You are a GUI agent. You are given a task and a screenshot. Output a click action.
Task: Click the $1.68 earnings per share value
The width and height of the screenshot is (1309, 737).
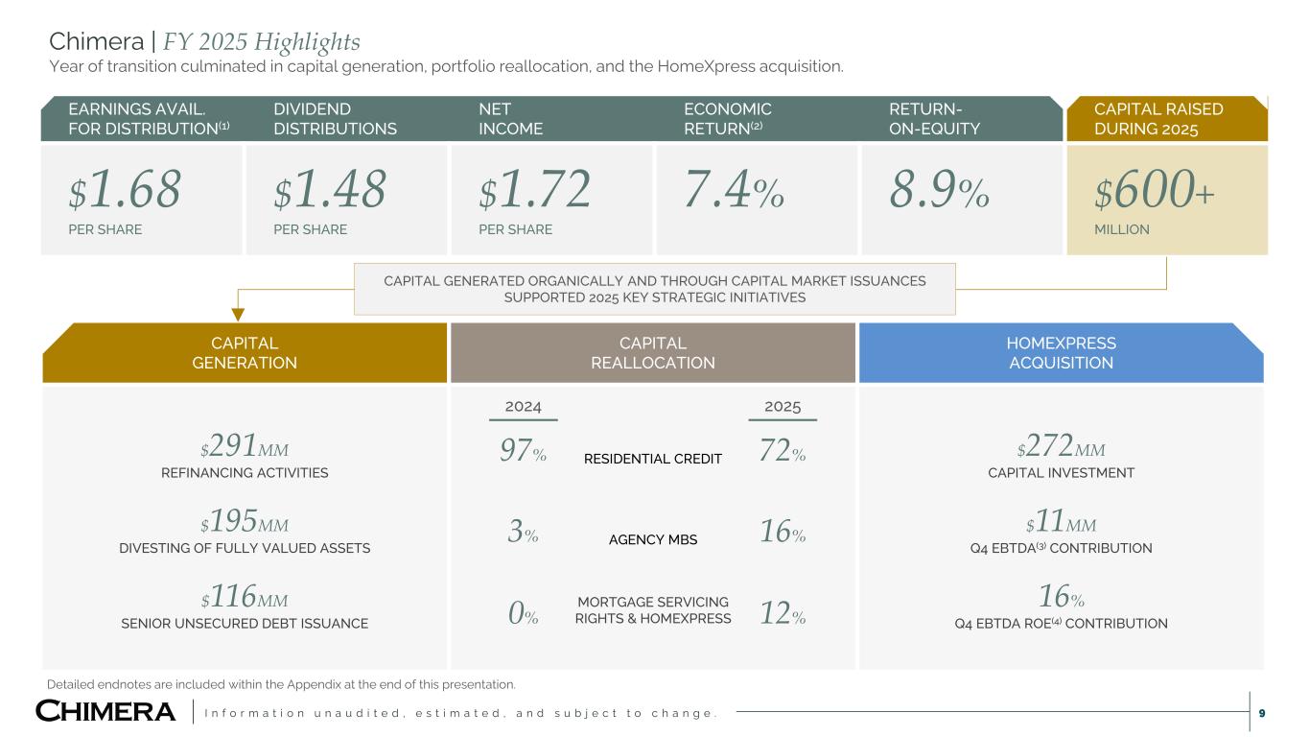coord(125,191)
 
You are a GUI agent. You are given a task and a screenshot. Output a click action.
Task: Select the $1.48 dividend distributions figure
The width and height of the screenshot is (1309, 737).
coord(330,191)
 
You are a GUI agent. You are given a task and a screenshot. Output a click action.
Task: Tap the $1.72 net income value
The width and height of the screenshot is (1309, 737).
coord(534,191)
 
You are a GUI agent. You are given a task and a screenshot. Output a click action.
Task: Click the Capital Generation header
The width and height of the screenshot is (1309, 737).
coord(245,352)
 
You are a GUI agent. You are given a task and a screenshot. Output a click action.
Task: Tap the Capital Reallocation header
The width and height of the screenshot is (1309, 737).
coord(653,352)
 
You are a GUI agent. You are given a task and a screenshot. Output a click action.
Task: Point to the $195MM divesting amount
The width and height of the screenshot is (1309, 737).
coord(245,524)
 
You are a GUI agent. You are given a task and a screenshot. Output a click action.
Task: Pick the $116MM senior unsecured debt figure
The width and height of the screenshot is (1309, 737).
coord(245,600)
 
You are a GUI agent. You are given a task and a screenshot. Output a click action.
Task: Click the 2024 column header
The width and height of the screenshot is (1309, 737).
coord(523,406)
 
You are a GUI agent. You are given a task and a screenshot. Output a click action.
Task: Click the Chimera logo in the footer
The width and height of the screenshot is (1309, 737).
coord(105,711)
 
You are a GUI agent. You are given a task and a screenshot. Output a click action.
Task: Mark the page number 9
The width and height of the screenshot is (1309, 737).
coord(1261,712)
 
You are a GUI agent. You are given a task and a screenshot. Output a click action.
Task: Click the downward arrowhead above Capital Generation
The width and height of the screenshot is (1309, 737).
coord(239,312)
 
